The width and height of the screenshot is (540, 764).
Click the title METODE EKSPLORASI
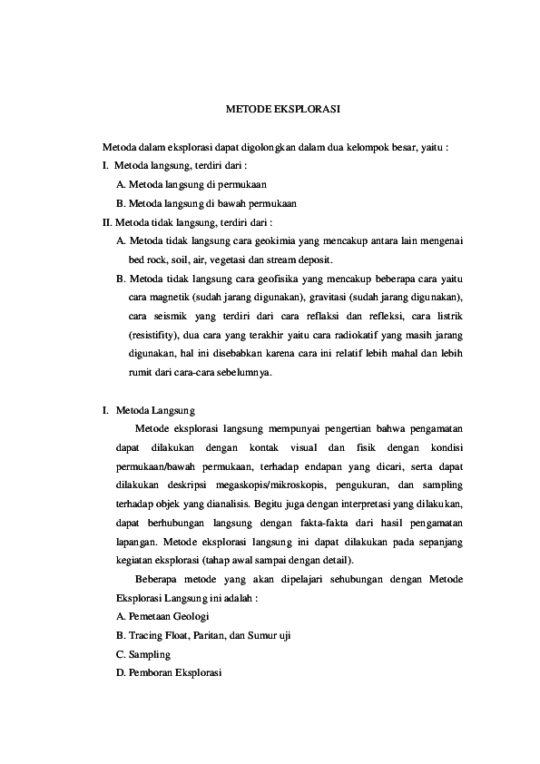point(282,108)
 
